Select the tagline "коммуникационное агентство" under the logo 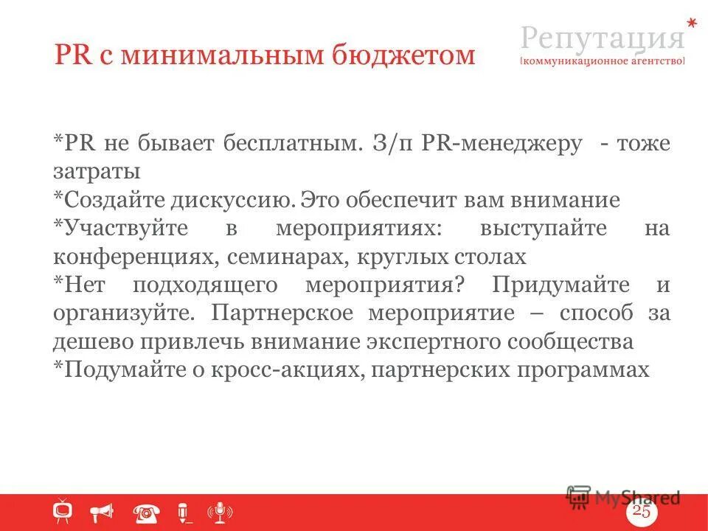coord(603,62)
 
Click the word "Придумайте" coord(561,285)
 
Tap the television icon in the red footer coord(63,510)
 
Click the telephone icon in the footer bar coord(146,511)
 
